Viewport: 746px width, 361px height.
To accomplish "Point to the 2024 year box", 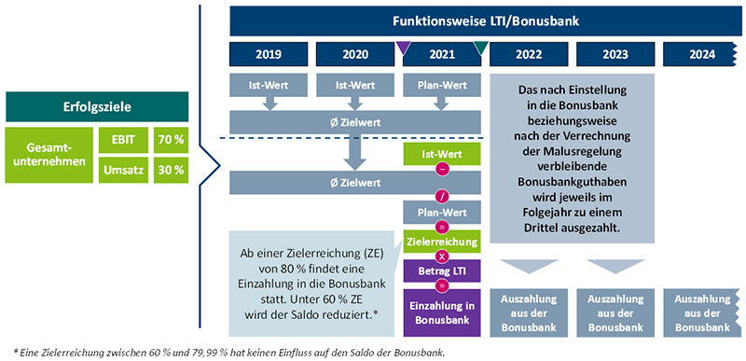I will [x=701, y=53].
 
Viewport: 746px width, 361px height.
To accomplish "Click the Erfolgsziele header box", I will [x=97, y=104].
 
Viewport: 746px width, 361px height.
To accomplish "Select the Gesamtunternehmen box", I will [x=48, y=155].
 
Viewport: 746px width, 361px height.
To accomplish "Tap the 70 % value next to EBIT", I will [x=171, y=140].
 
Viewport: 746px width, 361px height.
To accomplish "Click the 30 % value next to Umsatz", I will [x=171, y=170].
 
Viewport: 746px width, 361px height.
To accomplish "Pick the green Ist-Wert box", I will [x=441, y=153].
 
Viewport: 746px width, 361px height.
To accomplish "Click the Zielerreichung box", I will [x=441, y=243].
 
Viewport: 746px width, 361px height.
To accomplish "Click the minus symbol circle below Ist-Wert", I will [x=441, y=168].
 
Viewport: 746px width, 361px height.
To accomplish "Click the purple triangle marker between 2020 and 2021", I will [x=404, y=48].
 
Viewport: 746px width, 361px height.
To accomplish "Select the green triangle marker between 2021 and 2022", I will [x=480, y=48].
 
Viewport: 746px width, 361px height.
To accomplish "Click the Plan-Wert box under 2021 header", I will [x=441, y=86].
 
